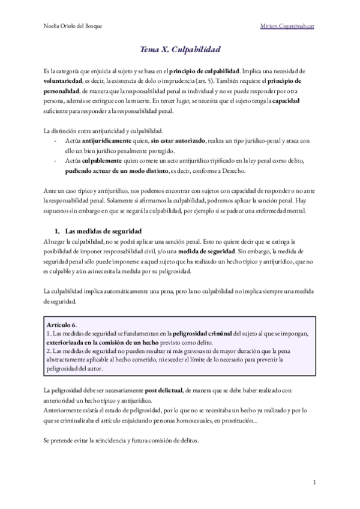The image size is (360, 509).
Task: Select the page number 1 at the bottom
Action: [314, 482]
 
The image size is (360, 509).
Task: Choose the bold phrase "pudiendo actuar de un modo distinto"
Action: [118, 171]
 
